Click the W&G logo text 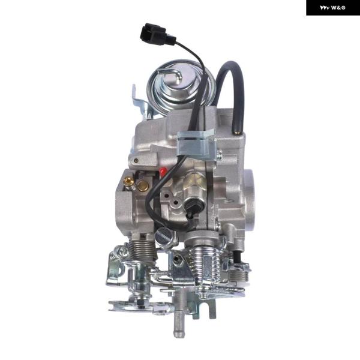click(332, 8)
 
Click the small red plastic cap click(163, 171)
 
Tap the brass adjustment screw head click(128, 182)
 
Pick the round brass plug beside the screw click(142, 186)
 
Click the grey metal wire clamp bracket click(196, 142)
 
